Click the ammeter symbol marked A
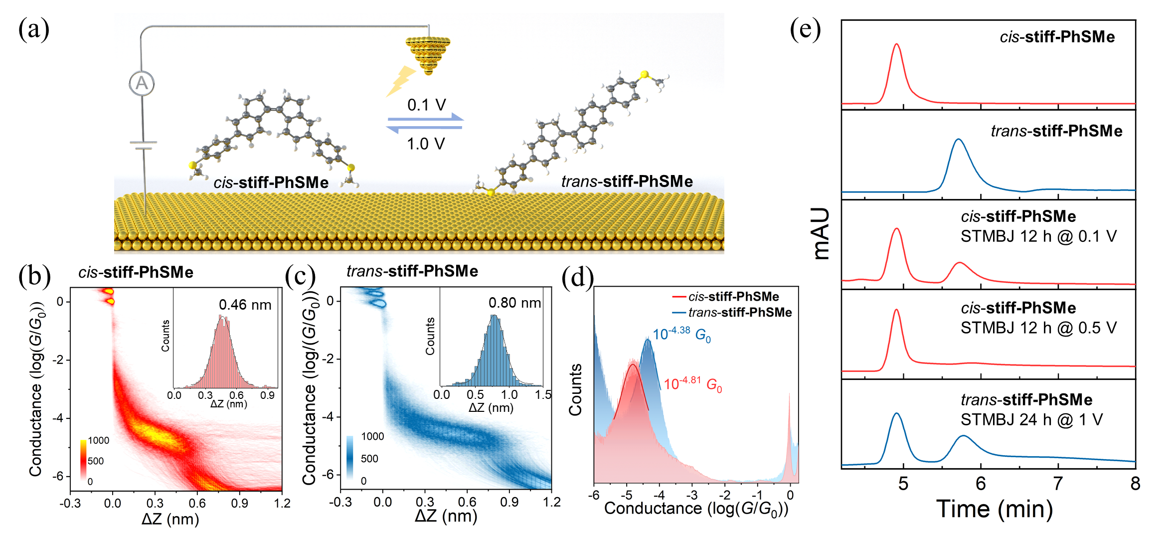click(142, 83)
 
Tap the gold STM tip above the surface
click(428, 53)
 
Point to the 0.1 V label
click(426, 105)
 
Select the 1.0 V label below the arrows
click(425, 144)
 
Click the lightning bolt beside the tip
click(401, 81)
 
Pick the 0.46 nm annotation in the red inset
click(245, 305)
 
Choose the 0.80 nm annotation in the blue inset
click(514, 303)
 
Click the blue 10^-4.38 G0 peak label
click(681, 334)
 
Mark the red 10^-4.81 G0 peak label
click(692, 384)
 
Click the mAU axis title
click(821, 233)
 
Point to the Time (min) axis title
click(994, 509)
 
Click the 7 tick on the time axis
click(1058, 483)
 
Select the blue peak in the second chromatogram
click(958, 141)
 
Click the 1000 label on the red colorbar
click(98, 440)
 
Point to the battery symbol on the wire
click(143, 145)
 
